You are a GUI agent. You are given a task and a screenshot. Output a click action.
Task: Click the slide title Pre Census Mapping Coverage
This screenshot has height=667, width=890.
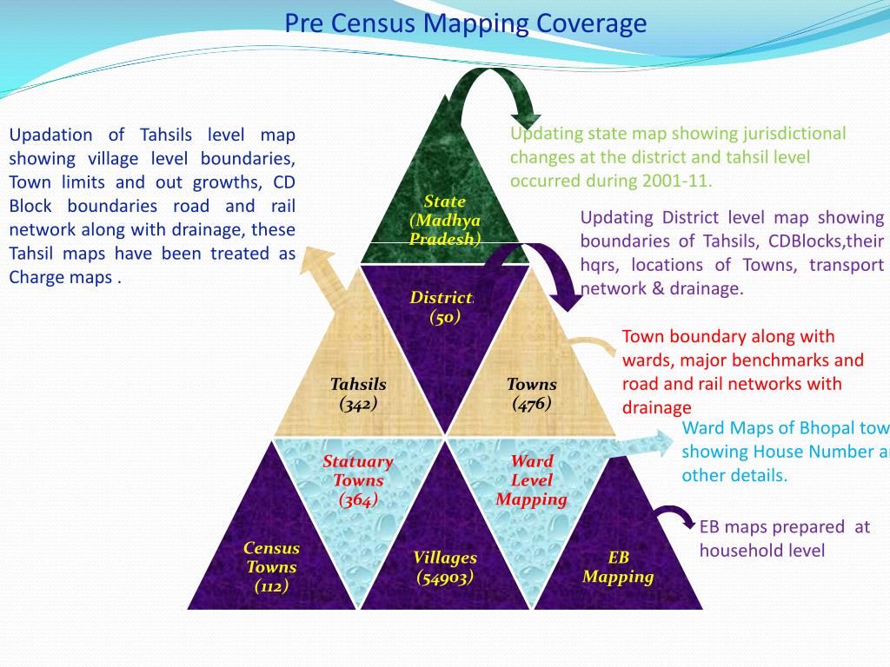point(465,23)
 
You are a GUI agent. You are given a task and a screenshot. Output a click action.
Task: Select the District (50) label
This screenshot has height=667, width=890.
point(442,307)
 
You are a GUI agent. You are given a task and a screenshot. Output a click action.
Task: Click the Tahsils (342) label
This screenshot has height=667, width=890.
point(358,393)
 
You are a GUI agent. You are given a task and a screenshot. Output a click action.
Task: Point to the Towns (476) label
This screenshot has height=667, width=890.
point(532,393)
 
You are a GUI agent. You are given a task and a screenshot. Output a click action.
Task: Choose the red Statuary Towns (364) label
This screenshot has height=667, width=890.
point(358,480)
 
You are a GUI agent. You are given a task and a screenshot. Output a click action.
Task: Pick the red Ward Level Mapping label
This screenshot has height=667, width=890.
point(532,480)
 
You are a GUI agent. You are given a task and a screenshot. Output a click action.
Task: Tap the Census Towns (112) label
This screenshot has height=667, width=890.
point(271,567)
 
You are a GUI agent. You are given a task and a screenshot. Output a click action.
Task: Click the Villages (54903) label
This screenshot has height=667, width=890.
point(445,567)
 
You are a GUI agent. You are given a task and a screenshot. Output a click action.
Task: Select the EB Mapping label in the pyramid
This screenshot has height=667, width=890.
point(618,567)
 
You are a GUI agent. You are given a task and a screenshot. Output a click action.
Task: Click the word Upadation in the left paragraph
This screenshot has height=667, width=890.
point(50,135)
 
